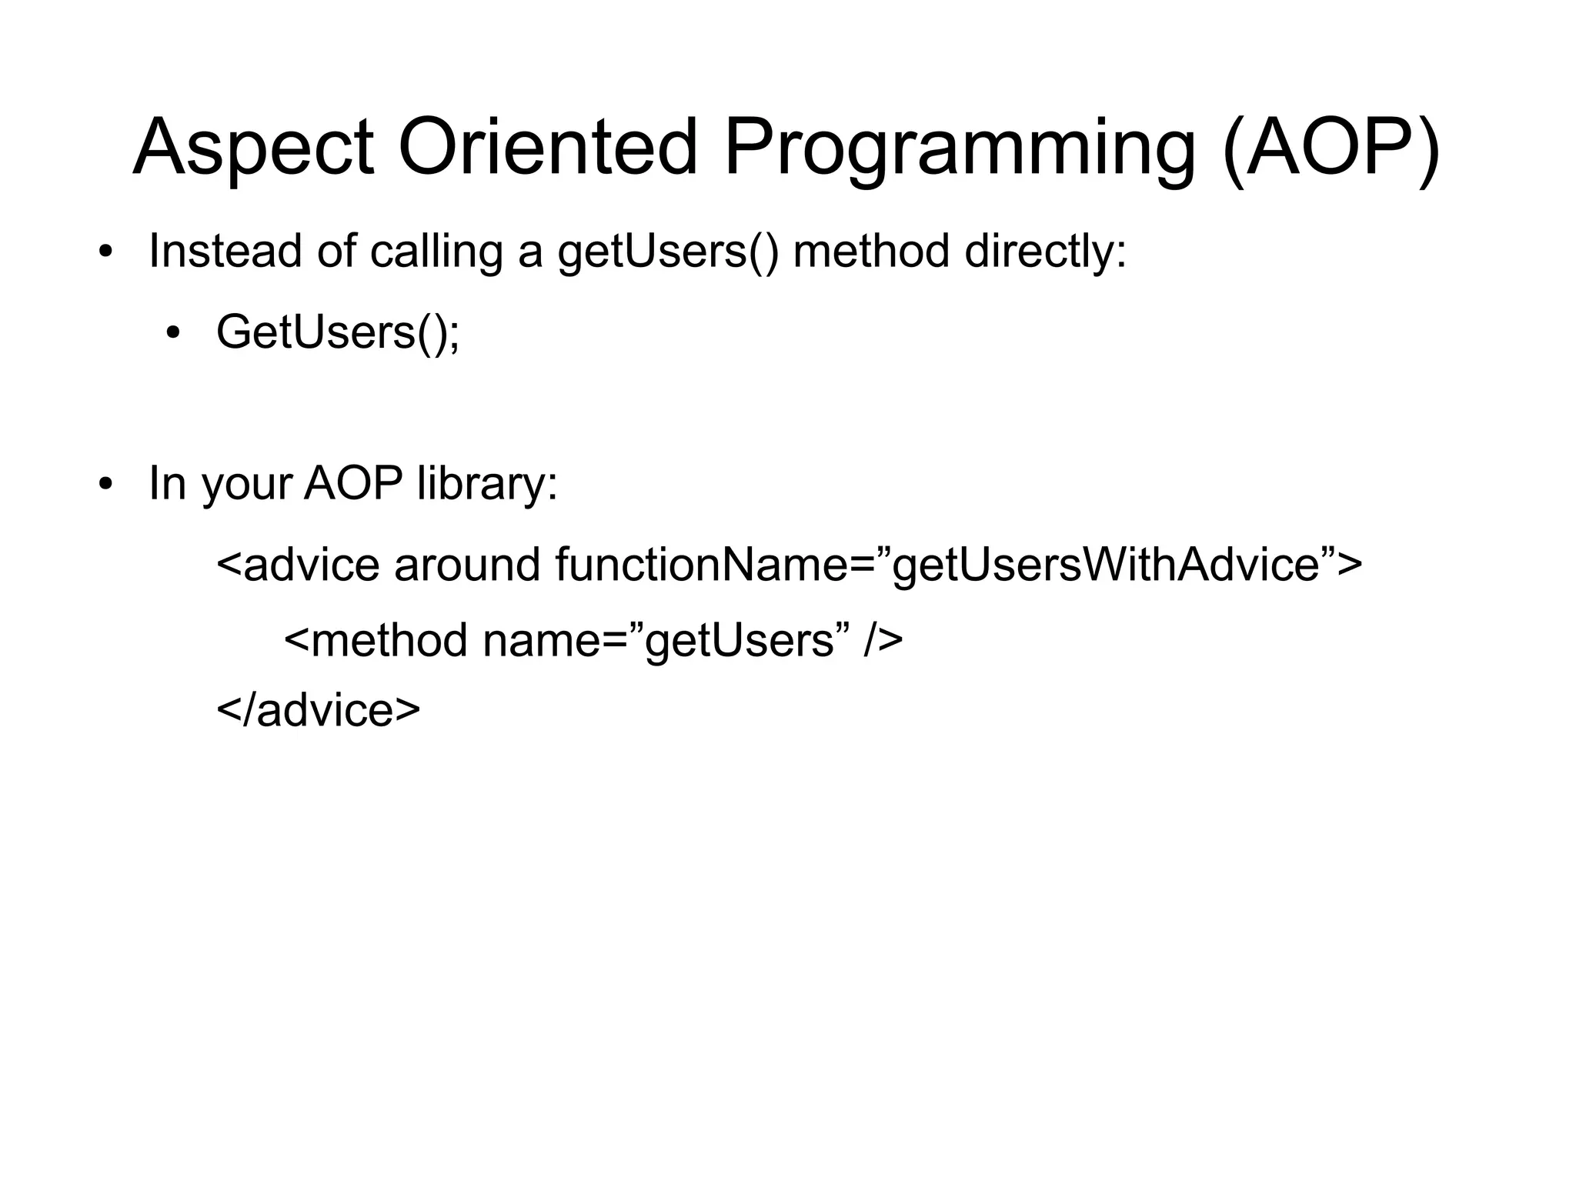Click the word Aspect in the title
point(253,148)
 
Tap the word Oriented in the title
point(547,148)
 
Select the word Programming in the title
point(959,148)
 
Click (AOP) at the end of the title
point(1331,148)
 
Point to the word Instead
point(225,251)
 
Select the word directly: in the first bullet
point(1045,251)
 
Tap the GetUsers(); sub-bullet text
point(338,332)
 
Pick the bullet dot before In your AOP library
point(105,485)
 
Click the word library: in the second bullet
point(486,485)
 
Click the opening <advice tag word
point(298,565)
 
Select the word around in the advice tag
point(467,565)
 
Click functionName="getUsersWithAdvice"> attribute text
point(958,565)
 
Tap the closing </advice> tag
point(319,709)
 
